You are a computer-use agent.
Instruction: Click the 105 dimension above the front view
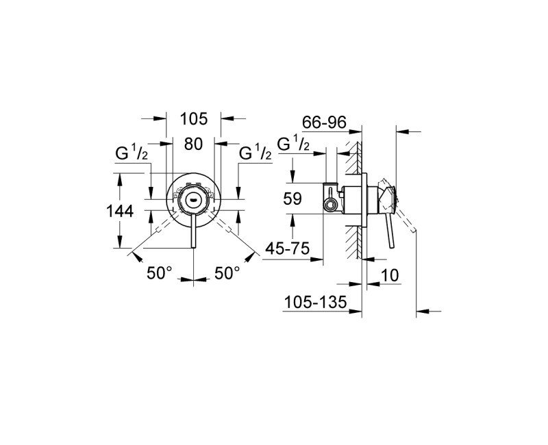click(194, 119)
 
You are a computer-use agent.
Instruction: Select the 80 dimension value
click(194, 144)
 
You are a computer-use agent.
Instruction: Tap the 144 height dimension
click(119, 212)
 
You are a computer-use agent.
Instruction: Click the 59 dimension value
click(292, 199)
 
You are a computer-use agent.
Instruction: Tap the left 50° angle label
click(159, 272)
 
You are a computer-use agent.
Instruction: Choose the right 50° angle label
click(227, 272)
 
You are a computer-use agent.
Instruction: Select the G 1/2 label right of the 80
click(256, 154)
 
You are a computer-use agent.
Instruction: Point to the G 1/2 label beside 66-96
click(295, 146)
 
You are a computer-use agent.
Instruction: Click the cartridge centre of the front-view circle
click(194, 199)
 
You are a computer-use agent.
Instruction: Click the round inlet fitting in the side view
click(331, 204)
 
